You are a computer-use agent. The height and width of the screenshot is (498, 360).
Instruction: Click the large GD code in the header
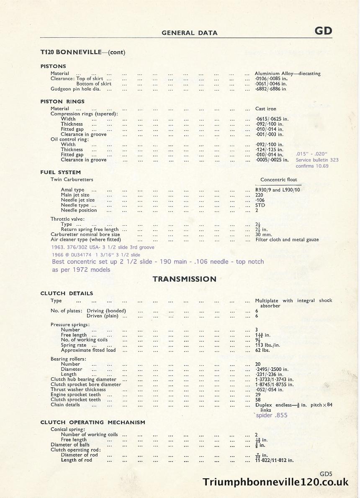coord(323,31)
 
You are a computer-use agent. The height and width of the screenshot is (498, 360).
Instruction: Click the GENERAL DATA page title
coord(189,33)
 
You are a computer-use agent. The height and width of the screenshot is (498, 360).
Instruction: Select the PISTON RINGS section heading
coord(62,101)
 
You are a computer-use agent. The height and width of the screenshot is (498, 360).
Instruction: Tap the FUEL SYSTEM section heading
coord(61,172)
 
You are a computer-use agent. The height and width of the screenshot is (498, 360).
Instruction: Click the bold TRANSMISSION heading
coord(185,279)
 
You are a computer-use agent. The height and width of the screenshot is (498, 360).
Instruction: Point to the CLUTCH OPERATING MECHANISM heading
coord(93,422)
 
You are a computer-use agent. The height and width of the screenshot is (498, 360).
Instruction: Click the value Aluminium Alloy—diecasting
coord(288,73)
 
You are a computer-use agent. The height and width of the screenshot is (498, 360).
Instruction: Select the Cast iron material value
coord(266,108)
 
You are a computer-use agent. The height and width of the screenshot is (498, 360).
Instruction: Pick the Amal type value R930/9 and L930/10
coord(278,190)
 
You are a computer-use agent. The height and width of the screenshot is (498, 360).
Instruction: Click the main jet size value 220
coord(260,195)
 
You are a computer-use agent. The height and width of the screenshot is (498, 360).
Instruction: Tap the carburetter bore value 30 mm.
coord(264,235)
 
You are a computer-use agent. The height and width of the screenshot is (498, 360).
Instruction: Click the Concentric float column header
coord(278,180)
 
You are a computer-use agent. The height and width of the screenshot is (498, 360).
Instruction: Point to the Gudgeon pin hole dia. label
coord(76,89)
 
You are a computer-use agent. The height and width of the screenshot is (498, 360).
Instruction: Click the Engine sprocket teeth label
coord(76,395)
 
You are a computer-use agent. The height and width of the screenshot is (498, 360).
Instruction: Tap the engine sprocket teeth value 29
coord(258,395)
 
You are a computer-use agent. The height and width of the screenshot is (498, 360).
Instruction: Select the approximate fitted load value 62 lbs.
coord(262,350)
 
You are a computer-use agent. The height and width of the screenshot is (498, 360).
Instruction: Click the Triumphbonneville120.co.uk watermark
coord(275,483)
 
